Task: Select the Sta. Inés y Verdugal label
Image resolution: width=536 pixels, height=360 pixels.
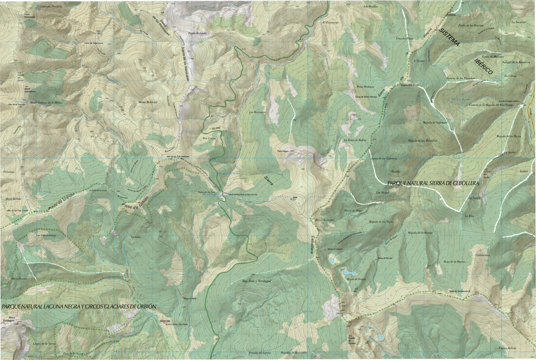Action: pos(257,281)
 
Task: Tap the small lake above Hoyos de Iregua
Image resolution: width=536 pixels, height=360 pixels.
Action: pos(349,272)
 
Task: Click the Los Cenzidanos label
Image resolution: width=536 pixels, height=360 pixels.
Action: pos(45,235)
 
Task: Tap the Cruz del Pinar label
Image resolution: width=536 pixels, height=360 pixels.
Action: pos(405,39)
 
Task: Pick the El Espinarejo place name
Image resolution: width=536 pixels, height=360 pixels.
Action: pos(330,22)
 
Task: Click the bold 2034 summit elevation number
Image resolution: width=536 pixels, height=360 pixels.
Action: pos(295,197)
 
